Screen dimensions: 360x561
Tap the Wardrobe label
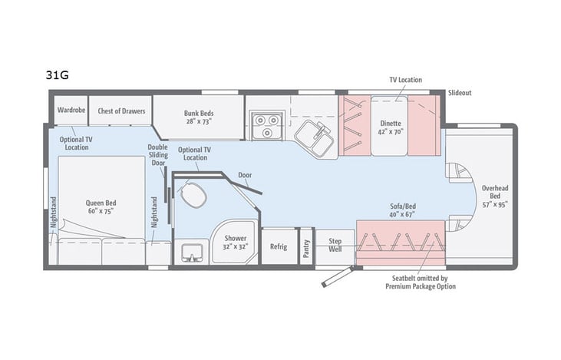coord(71,111)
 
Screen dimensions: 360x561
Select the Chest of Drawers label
coord(121,111)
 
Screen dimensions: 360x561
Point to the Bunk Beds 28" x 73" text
coord(198,116)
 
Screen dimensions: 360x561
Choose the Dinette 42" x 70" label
coord(391,127)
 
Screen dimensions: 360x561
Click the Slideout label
coord(460,91)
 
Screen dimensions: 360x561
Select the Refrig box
coord(278,247)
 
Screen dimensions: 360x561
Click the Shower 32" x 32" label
coord(236,243)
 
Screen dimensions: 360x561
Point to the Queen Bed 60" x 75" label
coord(100,207)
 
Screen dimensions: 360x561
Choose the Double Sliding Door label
coord(158,157)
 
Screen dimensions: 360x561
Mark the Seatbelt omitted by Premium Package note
coord(421,282)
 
